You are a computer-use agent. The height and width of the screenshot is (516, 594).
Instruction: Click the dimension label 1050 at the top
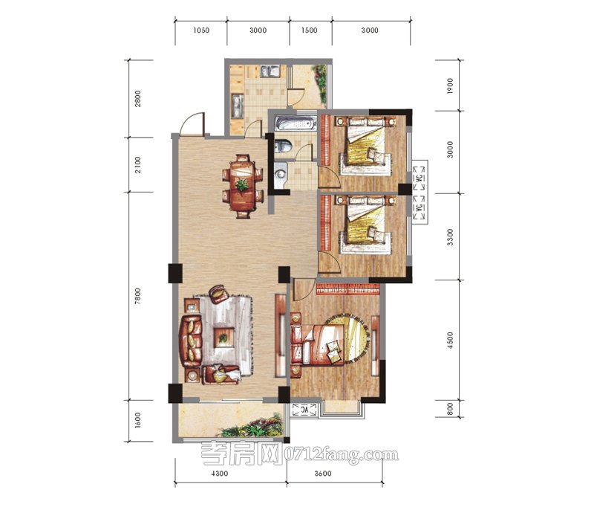coord(201,30)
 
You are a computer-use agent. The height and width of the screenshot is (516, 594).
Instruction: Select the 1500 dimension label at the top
coord(310,30)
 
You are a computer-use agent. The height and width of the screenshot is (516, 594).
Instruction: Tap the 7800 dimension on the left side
coord(137,296)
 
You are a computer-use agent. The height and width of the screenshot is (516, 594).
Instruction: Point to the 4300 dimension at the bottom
coord(220,474)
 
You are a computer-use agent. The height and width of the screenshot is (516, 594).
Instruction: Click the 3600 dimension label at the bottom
coord(323,474)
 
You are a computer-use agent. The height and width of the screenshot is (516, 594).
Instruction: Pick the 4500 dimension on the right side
coord(450,340)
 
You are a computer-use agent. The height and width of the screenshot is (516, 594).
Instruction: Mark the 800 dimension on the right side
coord(450,409)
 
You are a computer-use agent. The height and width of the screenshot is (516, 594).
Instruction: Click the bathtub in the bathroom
coord(296,123)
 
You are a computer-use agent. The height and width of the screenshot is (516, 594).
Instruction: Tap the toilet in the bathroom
coord(283,146)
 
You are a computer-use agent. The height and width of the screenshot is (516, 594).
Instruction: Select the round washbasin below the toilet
coord(280,174)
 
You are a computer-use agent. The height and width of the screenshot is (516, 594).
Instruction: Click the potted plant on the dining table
coord(242,185)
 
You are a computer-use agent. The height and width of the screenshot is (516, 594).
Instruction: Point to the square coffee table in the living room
coord(223,338)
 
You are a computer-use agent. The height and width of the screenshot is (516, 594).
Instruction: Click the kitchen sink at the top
coord(270,71)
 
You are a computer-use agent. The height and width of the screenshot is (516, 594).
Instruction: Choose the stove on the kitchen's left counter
coord(238,105)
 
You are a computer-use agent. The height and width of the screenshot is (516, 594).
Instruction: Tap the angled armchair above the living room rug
coord(218,294)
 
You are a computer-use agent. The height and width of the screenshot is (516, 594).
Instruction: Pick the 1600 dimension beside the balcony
coord(137,420)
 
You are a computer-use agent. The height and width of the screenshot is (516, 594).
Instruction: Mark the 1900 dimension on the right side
coord(450,86)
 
